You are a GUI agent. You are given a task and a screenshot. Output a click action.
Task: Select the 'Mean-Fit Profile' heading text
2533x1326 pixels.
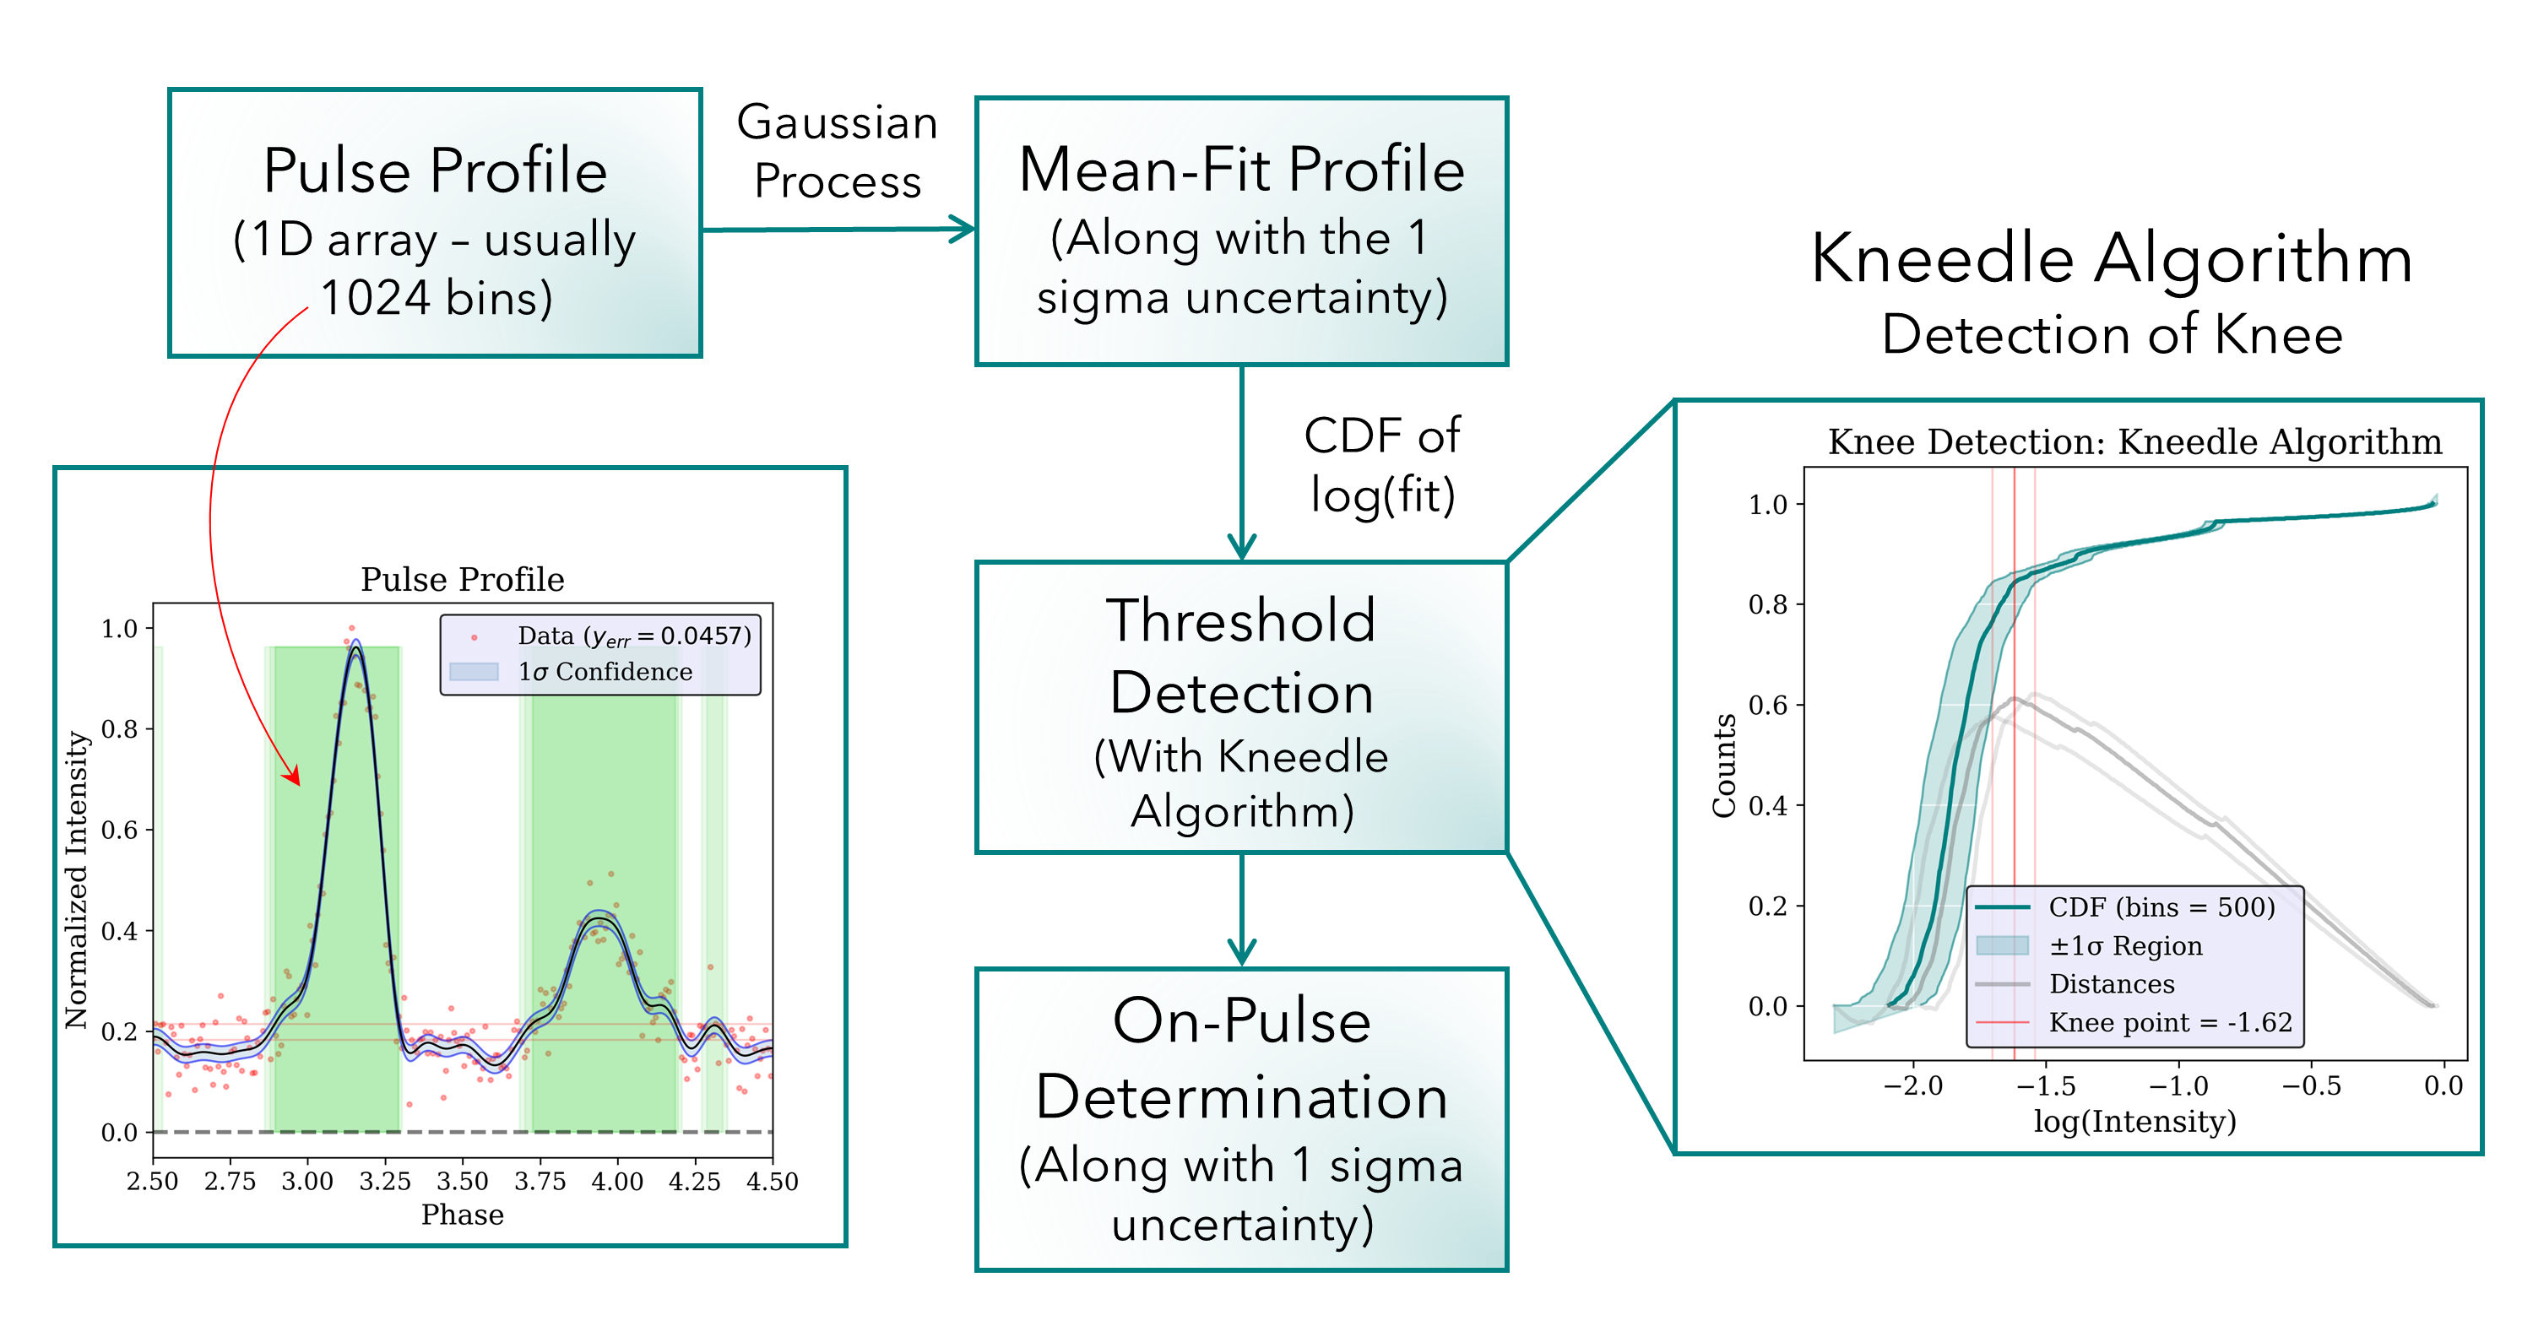[x=1241, y=169]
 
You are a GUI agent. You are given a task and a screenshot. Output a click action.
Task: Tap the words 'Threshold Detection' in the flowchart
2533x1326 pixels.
[x=1241, y=657]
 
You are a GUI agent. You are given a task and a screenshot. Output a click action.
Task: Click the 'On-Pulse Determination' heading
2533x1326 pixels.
[x=1241, y=1058]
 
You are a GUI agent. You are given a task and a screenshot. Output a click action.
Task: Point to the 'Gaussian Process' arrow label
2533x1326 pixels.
[x=837, y=151]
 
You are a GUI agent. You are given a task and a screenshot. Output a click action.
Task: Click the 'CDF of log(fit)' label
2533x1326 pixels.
[x=1381, y=465]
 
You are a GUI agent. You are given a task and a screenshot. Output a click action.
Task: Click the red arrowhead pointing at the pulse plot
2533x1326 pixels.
[x=293, y=777]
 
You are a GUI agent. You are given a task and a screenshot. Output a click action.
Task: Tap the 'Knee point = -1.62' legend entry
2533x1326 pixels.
[x=2169, y=1022]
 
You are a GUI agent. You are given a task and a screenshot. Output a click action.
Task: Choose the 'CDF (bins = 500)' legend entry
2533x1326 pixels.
[x=2161, y=907]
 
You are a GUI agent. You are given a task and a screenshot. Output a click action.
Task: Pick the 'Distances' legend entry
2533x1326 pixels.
[x=2111, y=984]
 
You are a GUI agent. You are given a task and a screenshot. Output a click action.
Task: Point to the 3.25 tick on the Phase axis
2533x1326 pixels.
[x=384, y=1182]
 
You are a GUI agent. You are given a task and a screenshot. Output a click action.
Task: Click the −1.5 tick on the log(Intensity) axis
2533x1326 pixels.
[x=2047, y=1086]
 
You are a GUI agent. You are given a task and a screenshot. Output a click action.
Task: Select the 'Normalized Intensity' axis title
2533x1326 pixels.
[x=76, y=879]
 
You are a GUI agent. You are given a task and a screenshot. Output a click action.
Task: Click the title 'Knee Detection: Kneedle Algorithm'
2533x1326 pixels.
[x=2134, y=442]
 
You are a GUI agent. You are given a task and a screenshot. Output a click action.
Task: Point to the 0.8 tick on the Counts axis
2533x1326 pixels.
[x=1767, y=604]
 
